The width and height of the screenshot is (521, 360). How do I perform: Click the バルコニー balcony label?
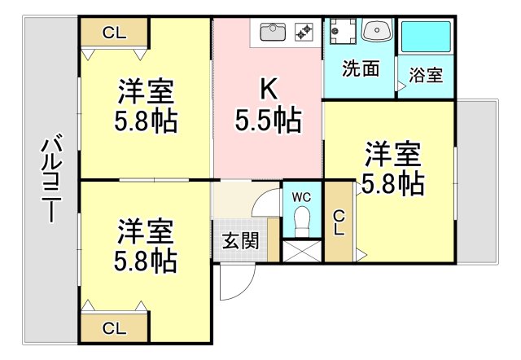coord(50,180)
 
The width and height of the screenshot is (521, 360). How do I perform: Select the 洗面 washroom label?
coord(360,69)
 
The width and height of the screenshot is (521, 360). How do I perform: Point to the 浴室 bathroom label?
coord(426,76)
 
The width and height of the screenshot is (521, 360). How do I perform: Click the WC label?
coord(301,197)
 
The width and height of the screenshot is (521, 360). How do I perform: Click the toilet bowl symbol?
coord(301,220)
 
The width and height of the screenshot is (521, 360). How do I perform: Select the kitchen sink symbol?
coord(273,32)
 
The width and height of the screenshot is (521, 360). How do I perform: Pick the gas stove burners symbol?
coord(304,32)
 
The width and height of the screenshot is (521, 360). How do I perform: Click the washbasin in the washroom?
coord(376,31)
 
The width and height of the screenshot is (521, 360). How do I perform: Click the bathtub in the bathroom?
coord(426,37)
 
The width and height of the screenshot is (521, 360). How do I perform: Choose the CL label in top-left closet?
coord(114,33)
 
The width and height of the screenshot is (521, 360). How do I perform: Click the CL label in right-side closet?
coord(338,222)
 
